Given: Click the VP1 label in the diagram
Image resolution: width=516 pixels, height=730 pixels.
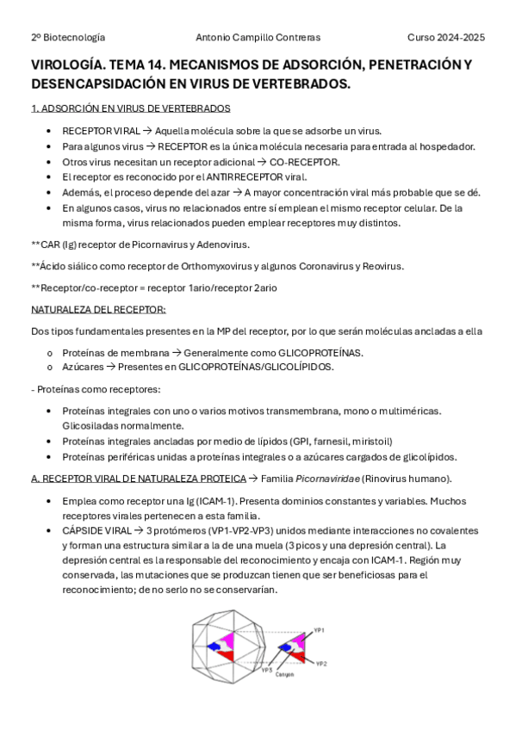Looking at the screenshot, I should pos(319,631).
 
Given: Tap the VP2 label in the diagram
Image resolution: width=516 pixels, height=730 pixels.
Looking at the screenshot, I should pos(321,664).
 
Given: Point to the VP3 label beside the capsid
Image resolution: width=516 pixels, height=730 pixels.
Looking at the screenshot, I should pos(267,669).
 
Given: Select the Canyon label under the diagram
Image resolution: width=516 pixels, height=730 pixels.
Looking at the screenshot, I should pos(284,675).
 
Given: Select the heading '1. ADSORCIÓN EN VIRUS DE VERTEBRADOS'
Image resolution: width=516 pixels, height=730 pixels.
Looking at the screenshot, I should pos(130,108).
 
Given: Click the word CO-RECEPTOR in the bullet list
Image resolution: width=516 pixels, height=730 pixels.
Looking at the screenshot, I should pos(305,161).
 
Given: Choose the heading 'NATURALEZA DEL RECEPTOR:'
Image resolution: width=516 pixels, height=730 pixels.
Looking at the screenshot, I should pos(98,309).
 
